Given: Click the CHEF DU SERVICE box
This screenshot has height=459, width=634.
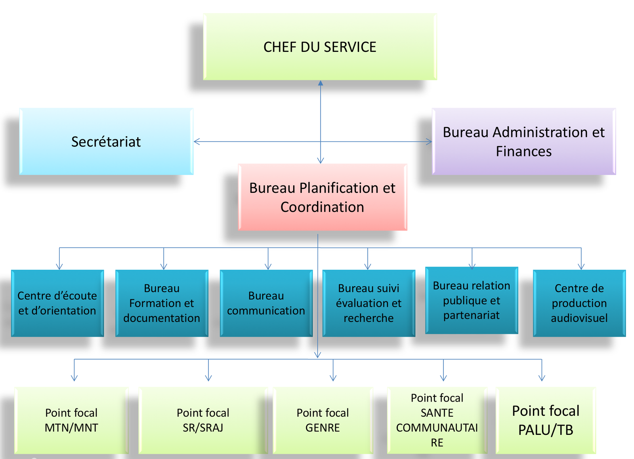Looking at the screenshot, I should click(x=320, y=47).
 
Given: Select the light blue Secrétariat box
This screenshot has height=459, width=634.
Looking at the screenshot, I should click(x=106, y=141).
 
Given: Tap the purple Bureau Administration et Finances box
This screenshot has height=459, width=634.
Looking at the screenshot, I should click(x=523, y=141).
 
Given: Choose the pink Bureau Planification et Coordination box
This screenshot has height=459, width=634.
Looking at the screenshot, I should click(x=322, y=197).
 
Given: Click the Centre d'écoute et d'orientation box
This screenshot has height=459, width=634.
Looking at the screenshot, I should click(x=57, y=303).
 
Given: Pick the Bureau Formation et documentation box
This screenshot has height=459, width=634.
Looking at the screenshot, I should click(x=162, y=303).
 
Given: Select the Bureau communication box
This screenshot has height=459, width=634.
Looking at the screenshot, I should click(x=266, y=303).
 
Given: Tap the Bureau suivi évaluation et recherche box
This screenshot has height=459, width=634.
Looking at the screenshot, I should click(x=369, y=303).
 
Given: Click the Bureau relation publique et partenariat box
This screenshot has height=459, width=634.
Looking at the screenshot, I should click(x=472, y=300).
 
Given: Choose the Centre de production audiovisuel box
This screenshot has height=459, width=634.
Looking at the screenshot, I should click(x=579, y=303).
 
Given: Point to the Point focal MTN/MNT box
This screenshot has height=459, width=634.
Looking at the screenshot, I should click(x=71, y=420).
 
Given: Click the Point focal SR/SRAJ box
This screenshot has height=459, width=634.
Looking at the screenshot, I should click(x=203, y=420).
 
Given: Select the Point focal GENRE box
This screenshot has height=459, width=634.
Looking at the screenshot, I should click(x=323, y=420).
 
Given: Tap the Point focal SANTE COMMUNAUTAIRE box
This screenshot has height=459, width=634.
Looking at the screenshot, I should click(x=437, y=420).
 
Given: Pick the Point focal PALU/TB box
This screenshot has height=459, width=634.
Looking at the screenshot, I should click(x=546, y=420).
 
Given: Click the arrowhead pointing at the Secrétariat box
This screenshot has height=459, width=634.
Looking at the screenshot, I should click(x=196, y=141).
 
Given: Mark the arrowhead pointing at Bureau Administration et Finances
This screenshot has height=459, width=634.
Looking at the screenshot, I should click(x=429, y=141).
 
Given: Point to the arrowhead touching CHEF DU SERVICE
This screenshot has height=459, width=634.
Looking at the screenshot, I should click(x=321, y=83).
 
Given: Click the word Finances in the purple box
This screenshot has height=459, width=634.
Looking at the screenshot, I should click(x=523, y=152).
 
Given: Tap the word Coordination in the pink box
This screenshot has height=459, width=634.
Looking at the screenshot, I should click(x=322, y=207).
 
